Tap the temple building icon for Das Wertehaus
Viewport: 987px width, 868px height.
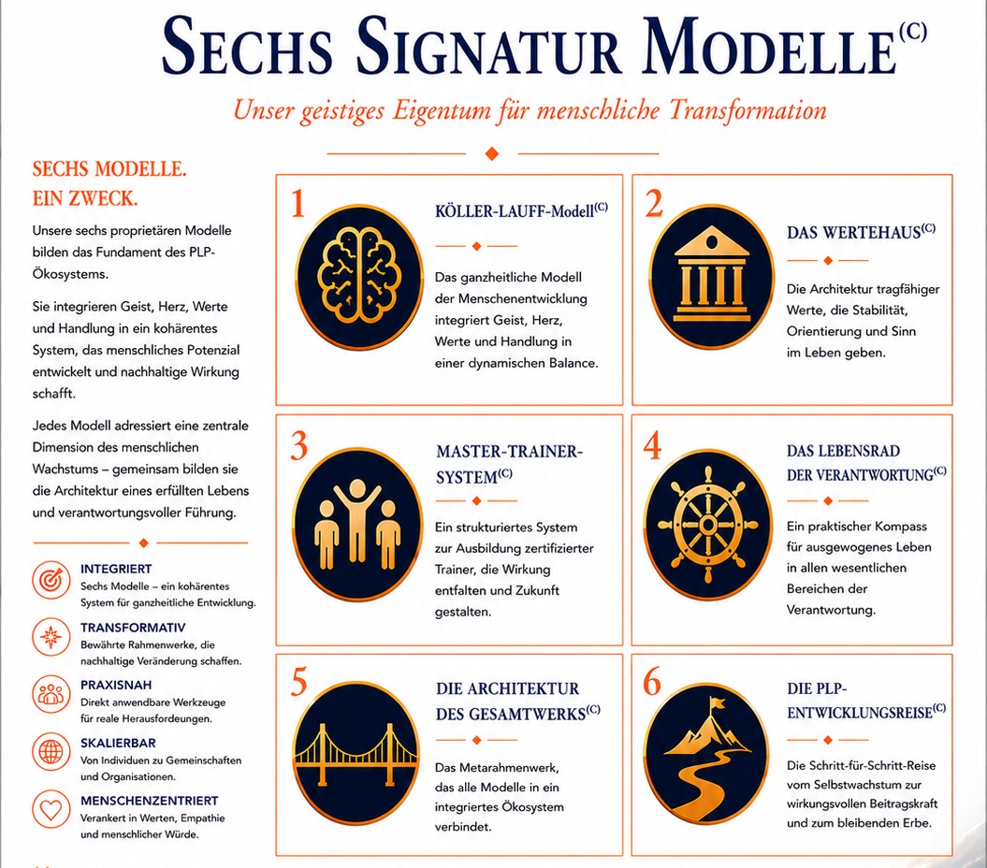pyautogui.click(x=711, y=274)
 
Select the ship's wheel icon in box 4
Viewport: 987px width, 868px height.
pyautogui.click(x=707, y=525)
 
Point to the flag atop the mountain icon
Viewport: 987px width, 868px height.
pyautogui.click(x=718, y=702)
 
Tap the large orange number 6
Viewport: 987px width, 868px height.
pyautogui.click(x=652, y=681)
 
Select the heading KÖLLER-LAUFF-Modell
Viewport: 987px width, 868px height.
pyautogui.click(x=521, y=210)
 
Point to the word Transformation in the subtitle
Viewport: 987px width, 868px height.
pyautogui.click(x=748, y=110)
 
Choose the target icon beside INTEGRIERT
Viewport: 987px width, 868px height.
pyautogui.click(x=51, y=580)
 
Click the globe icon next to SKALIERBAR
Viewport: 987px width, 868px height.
pyautogui.click(x=51, y=752)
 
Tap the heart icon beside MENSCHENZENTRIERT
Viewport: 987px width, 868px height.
pyautogui.click(x=51, y=809)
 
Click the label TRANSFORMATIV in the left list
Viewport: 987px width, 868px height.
pyautogui.click(x=133, y=628)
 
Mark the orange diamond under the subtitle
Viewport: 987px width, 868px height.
pyautogui.click(x=492, y=153)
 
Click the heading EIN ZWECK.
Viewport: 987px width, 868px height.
pyautogui.click(x=85, y=199)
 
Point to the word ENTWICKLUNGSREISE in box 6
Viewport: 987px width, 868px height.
pyautogui.click(x=859, y=713)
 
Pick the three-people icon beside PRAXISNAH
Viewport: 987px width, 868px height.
pyautogui.click(x=51, y=694)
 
